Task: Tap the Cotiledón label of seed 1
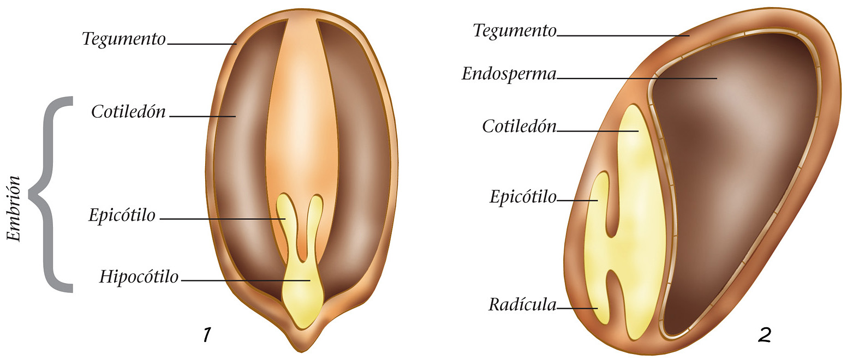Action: click(128, 112)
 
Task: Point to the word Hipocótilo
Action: click(139, 277)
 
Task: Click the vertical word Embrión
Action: click(15, 209)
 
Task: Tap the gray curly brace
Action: click(52, 194)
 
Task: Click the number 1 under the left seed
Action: click(206, 335)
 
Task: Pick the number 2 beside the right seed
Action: click(764, 335)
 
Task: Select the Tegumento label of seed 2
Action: click(514, 31)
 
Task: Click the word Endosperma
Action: click(508, 74)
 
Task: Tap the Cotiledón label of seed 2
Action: click(518, 127)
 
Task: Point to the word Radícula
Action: click(522, 305)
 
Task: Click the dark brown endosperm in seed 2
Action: click(726, 180)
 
